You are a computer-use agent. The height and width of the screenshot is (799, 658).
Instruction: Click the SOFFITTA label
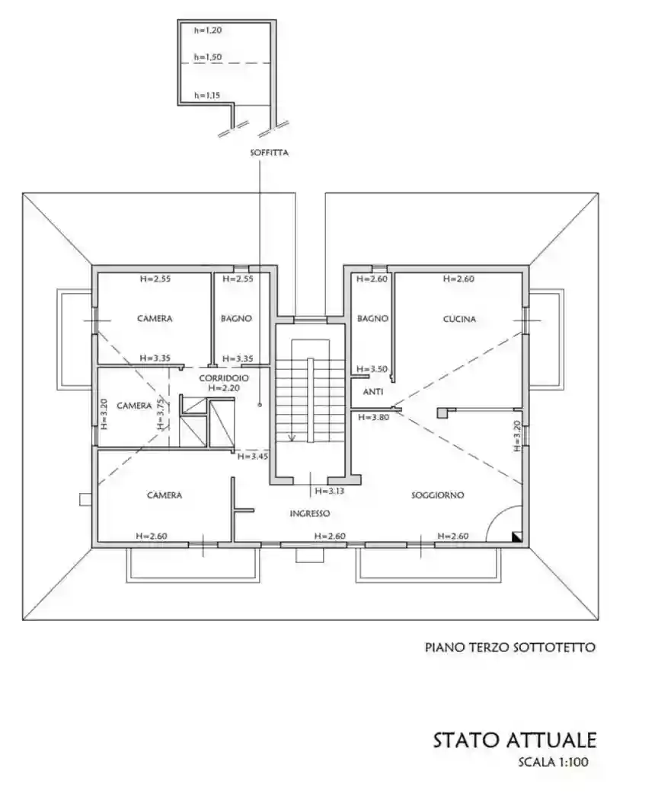[269, 153]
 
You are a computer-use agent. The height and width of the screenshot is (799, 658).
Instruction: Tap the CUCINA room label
[459, 320]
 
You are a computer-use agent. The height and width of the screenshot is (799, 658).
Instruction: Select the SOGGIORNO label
[437, 495]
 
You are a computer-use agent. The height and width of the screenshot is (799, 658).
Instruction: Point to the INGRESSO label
[309, 514]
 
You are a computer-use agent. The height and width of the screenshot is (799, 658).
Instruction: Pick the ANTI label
[372, 393]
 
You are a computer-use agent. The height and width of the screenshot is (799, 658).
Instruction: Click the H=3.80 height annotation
[375, 418]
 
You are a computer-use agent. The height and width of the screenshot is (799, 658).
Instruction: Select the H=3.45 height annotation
[251, 457]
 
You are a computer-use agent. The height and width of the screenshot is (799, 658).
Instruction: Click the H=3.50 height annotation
[374, 369]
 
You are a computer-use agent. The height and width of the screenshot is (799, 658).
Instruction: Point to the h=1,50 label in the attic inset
[207, 57]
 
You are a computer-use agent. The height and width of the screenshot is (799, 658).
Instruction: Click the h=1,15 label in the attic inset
[207, 96]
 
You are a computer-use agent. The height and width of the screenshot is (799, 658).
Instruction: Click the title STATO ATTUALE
[515, 740]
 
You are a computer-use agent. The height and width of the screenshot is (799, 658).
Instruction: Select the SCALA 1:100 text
[553, 762]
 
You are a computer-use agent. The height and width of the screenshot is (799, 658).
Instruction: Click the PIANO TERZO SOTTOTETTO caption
[509, 648]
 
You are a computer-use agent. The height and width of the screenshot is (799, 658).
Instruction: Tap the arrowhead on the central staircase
[292, 438]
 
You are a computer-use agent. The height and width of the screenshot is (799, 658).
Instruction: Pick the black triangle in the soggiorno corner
[517, 536]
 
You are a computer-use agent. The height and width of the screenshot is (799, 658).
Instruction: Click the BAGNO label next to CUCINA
[373, 320]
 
